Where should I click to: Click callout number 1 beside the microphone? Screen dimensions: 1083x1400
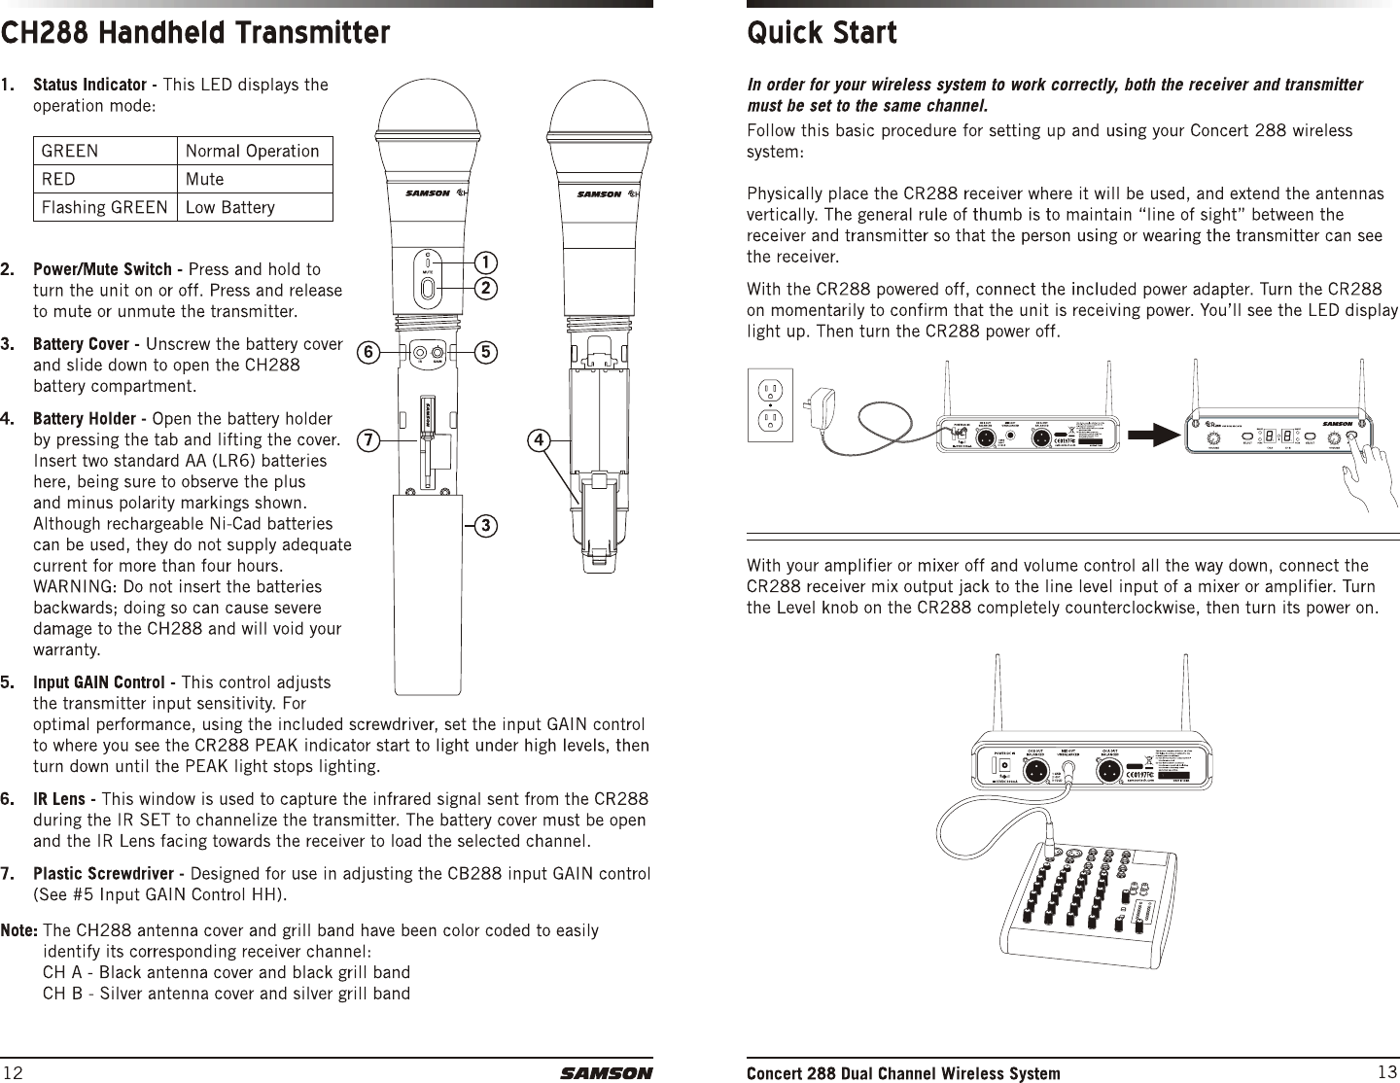pos(484,262)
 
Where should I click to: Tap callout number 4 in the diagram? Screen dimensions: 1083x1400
pos(536,439)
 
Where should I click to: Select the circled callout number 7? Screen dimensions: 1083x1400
pos(367,439)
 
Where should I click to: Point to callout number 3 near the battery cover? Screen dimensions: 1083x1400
pos(484,526)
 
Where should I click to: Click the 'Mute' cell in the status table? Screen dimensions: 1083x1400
pos(204,179)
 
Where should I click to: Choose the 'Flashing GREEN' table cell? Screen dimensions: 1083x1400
pos(105,207)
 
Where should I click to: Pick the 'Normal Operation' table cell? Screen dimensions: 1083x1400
pos(252,151)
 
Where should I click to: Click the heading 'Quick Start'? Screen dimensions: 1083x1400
pos(822,33)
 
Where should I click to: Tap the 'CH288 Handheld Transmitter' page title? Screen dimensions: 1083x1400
pos(195,33)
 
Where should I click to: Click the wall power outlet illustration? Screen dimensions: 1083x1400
pos(770,404)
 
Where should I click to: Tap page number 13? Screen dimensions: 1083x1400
pos(1387,1071)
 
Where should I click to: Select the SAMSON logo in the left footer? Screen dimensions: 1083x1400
pos(606,1073)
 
